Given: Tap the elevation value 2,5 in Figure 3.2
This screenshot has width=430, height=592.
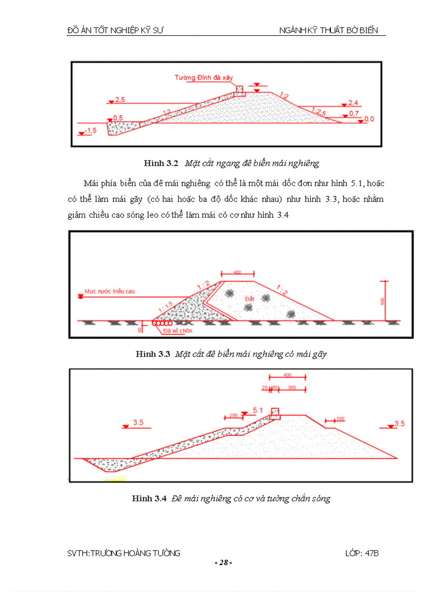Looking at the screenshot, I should pyautogui.click(x=119, y=100).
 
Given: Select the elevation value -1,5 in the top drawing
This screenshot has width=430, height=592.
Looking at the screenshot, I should pyautogui.click(x=92, y=130).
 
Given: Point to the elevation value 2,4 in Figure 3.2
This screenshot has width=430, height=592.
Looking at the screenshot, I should pyautogui.click(x=353, y=103).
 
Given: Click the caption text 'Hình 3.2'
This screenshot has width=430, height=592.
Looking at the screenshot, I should pyautogui.click(x=161, y=163).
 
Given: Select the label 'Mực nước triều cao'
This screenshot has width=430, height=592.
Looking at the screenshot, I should pyautogui.click(x=110, y=291).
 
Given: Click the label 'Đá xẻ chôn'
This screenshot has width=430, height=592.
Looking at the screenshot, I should pyautogui.click(x=178, y=331).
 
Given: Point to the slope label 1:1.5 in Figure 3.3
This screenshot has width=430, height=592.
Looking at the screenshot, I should pyautogui.click(x=165, y=307).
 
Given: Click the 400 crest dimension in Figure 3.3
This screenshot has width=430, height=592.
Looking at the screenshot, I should pyautogui.click(x=237, y=273).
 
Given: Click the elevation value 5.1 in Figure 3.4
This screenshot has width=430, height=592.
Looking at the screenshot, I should pyautogui.click(x=258, y=410).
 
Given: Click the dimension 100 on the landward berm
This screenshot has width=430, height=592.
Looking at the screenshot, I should pyautogui.click(x=340, y=419).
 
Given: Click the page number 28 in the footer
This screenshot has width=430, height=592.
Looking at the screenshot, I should pyautogui.click(x=223, y=562).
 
